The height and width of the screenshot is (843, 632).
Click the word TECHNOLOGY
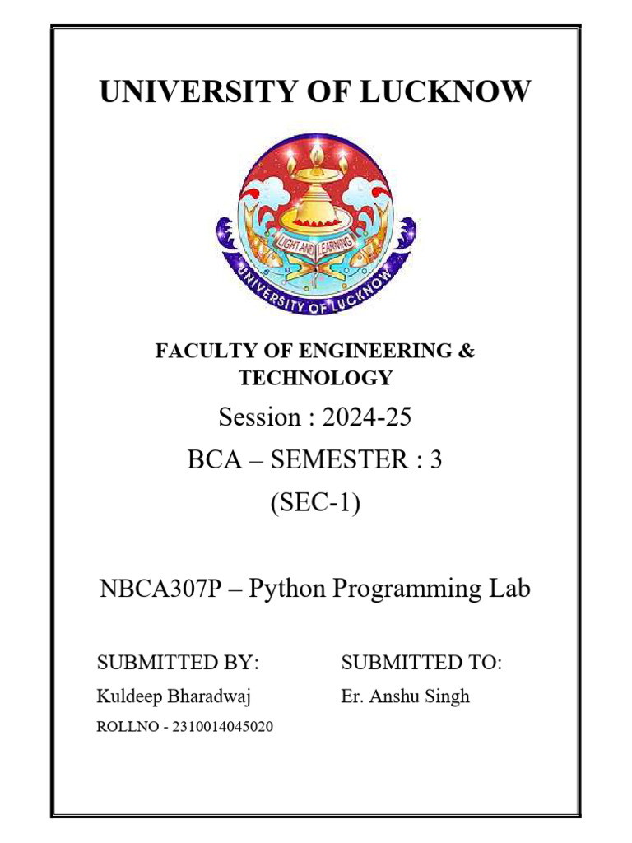pyautogui.click(x=315, y=378)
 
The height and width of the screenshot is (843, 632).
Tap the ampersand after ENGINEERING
pyautogui.click(x=467, y=352)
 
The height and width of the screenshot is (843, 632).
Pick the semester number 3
pyautogui.click(x=435, y=460)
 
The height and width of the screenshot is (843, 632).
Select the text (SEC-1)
pyautogui.click(x=315, y=503)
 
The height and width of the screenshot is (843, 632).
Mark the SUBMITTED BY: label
pyautogui.click(x=178, y=663)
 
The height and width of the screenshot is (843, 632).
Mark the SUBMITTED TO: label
pyautogui.click(x=421, y=663)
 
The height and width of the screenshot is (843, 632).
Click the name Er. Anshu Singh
pyautogui.click(x=405, y=696)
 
